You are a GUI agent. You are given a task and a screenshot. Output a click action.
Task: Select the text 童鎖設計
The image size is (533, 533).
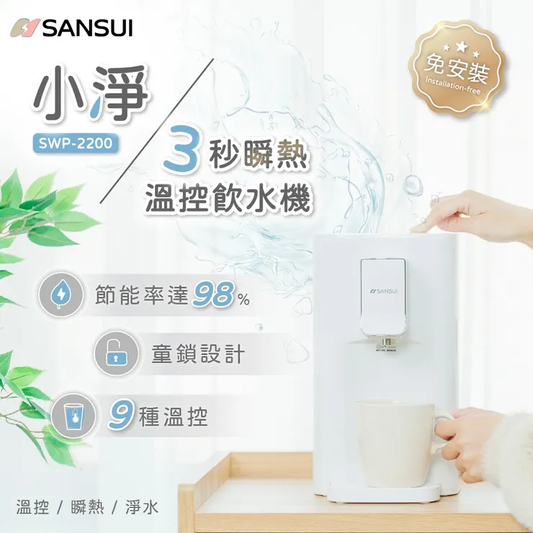click(198, 354)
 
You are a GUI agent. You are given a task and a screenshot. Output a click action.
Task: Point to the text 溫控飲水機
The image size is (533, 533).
click(229, 197)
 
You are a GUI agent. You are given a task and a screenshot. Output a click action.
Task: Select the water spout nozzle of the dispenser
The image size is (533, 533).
click(386, 344)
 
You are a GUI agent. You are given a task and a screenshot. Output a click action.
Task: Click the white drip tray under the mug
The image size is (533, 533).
click(382, 493)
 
